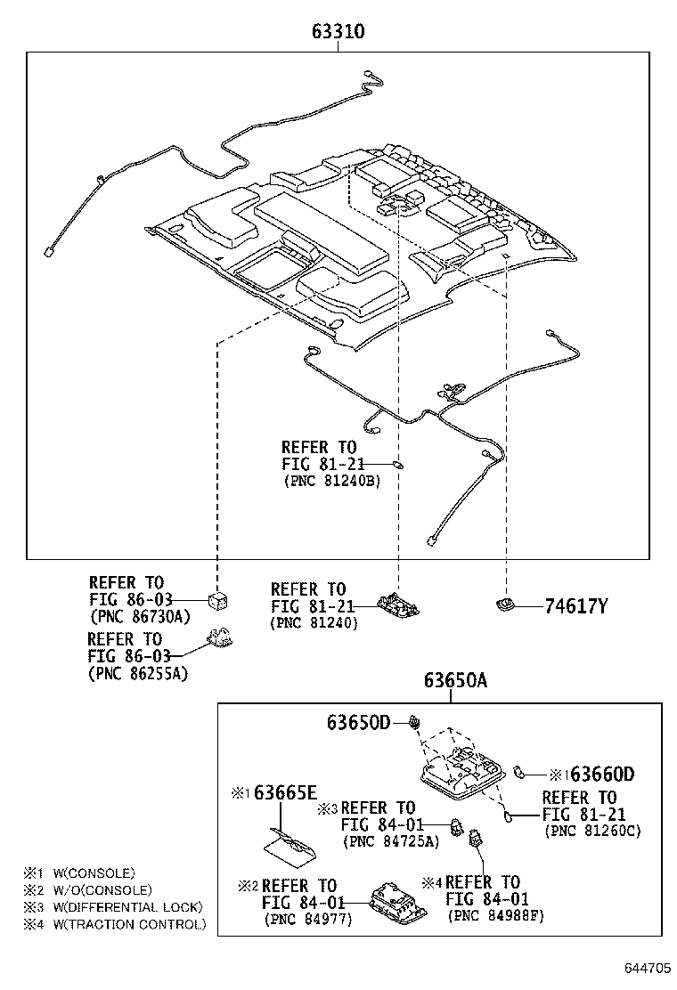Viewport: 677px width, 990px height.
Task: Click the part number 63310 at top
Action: point(338,32)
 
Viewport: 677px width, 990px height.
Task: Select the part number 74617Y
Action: point(576,607)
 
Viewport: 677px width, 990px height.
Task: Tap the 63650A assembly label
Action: point(455,681)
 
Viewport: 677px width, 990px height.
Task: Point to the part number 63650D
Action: point(356,722)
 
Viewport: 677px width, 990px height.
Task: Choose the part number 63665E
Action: point(285,792)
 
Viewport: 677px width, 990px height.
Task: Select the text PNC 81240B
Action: point(331,481)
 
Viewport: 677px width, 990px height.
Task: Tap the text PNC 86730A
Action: point(140,616)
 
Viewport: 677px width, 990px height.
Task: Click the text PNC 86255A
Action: point(138,673)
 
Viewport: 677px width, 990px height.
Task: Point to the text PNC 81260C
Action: point(592,831)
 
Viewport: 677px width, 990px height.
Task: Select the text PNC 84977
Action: point(308,919)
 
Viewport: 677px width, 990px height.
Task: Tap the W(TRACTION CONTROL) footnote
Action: point(123,924)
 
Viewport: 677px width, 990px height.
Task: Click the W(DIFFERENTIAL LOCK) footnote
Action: point(121,907)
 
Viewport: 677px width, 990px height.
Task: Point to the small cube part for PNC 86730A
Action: point(216,599)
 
